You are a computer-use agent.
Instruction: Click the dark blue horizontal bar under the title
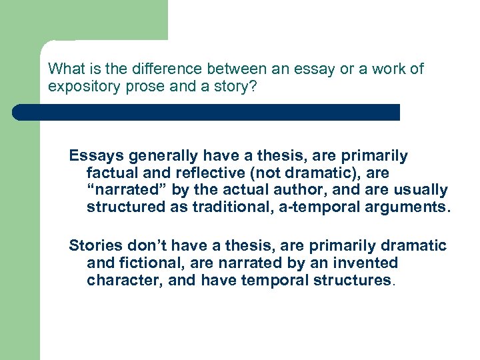coord(207,112)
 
